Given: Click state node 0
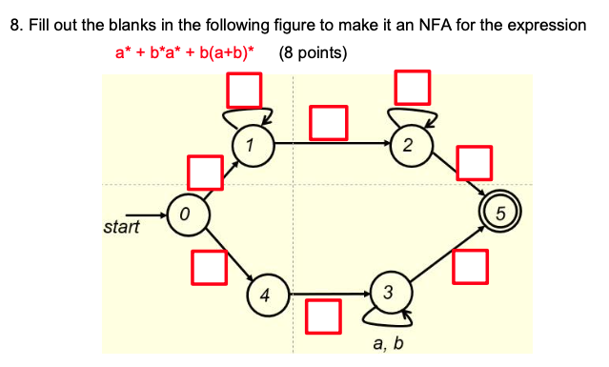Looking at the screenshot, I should click(186, 215).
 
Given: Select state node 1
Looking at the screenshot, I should click(250, 145).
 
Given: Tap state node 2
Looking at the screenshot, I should click(408, 145).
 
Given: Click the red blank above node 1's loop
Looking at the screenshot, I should click(244, 90).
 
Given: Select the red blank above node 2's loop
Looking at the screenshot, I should click(413, 87).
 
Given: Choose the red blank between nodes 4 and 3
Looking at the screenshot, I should click(324, 316).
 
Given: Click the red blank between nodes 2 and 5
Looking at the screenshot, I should click(475, 161).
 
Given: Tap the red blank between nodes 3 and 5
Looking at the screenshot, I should click(470, 266).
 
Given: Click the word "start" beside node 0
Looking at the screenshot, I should click(121, 228).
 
